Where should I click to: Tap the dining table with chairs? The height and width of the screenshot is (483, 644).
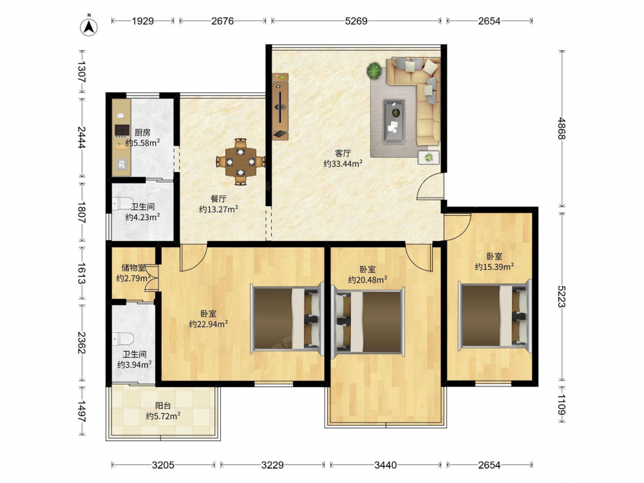point(241,162)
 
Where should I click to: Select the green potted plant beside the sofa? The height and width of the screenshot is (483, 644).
point(375,70)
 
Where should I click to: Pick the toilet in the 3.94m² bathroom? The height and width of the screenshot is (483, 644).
point(123,339)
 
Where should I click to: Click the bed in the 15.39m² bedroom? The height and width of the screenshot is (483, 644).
point(495,315)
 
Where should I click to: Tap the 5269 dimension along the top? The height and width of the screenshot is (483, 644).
point(356,21)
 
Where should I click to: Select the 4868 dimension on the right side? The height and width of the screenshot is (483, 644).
point(562,129)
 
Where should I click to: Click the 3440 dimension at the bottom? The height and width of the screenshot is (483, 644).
point(386,465)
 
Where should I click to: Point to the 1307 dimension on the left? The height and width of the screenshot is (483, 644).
point(81,72)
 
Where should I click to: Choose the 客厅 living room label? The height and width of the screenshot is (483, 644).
point(343,154)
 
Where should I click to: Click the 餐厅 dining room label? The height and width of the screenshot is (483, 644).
point(218,199)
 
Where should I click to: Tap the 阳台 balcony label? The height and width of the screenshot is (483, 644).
point(163,406)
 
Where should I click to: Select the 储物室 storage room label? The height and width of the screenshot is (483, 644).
point(133,268)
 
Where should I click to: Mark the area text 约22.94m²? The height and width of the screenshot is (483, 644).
point(209,325)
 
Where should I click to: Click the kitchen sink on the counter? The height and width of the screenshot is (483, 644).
point(121,164)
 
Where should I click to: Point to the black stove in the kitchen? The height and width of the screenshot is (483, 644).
point(122,130)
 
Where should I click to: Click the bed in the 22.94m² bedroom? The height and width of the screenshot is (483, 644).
point(287,319)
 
